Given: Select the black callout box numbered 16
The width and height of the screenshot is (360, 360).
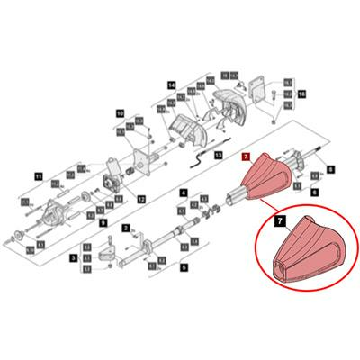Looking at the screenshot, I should tap(302, 93).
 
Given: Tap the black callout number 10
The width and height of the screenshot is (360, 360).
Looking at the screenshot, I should tap(119, 113).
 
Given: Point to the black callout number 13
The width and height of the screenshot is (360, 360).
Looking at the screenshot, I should tap(217, 156).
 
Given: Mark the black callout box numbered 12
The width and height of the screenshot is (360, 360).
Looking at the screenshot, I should tap(141, 197).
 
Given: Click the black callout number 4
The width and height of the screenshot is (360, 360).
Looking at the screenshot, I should tap(184, 193).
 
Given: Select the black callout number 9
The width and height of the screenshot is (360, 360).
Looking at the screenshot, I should tap(103, 221).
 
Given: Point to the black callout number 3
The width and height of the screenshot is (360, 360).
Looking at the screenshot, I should tap(72, 257).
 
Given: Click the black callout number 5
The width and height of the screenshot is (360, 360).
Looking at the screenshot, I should tap(184, 267).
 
